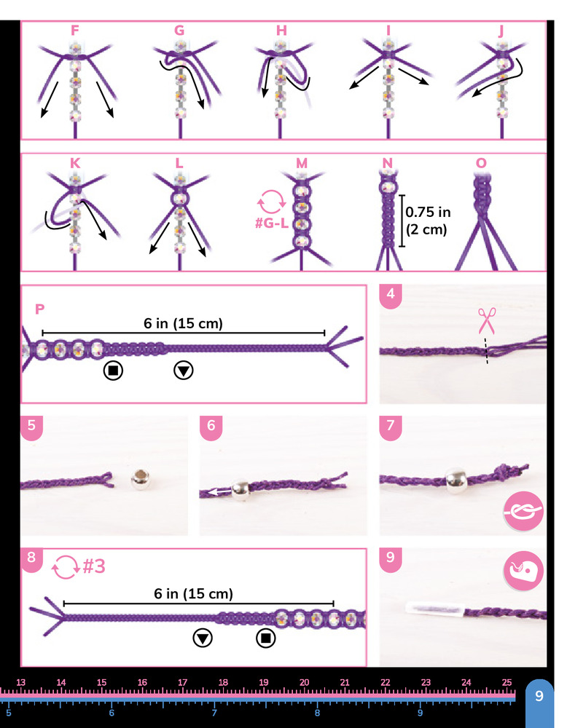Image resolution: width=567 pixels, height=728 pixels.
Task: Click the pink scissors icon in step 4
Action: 487,321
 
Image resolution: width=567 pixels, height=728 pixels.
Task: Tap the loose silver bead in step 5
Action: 141,480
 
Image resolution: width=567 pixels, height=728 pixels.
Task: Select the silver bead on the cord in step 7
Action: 456,480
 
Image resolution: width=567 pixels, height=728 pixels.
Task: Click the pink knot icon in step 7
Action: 523,511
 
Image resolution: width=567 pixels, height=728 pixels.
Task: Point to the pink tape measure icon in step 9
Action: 523,571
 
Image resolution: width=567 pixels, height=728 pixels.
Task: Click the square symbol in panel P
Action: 113,371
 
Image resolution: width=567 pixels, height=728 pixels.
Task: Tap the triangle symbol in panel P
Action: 184,371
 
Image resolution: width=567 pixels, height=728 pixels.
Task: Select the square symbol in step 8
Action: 266,638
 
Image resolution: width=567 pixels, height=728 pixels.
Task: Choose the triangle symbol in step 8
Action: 203,638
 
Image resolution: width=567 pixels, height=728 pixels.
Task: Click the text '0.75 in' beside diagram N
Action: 428,212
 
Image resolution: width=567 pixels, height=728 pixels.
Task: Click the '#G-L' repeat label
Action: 272,223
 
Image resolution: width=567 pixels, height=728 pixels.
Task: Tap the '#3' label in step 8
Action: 94,566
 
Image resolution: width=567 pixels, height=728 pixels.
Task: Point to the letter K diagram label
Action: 75,163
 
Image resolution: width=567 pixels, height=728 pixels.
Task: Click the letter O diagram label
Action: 481,163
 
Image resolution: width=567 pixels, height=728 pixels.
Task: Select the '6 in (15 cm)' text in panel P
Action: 183,323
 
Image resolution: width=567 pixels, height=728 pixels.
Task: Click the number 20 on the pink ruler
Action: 304,683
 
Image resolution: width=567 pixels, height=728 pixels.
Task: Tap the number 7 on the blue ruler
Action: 214,713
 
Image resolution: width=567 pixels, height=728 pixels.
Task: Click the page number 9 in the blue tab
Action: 539,695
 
